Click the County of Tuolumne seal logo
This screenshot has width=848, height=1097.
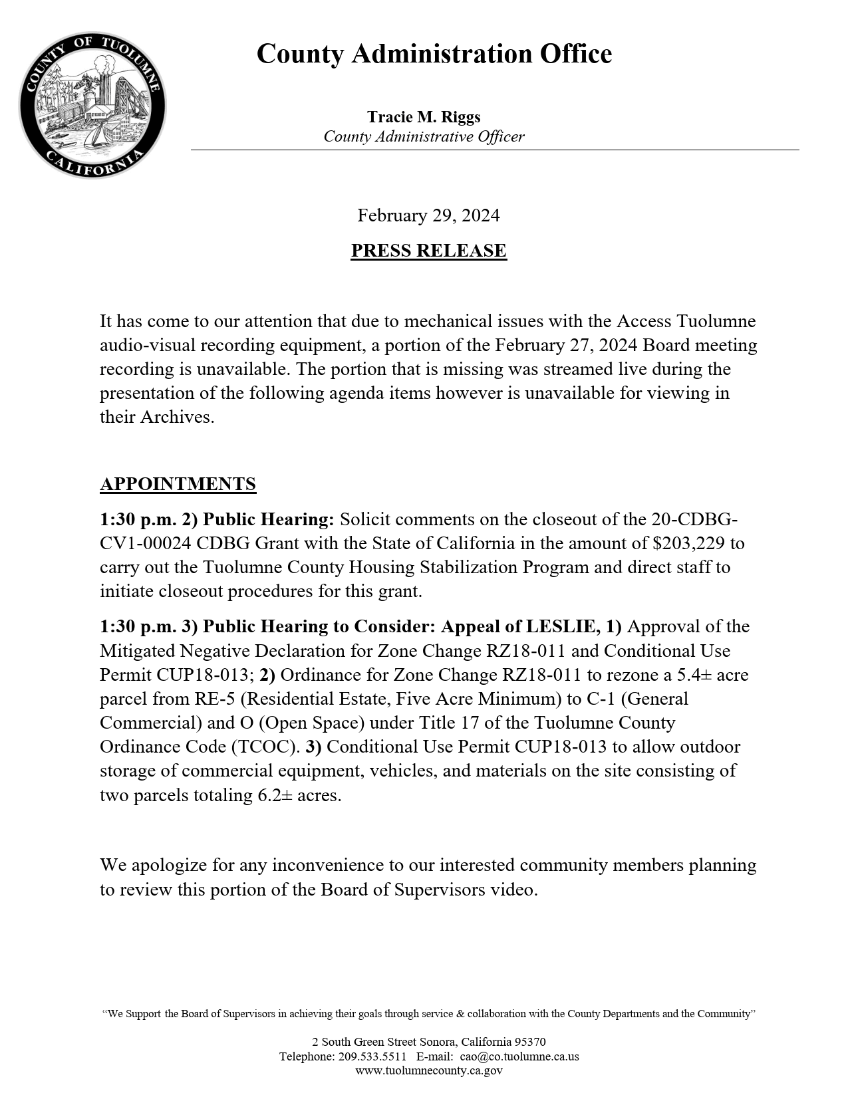(x=92, y=105)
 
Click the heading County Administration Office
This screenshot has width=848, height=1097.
(x=434, y=54)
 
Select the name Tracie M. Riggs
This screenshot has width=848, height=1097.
(x=424, y=118)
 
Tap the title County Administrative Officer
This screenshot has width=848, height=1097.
(x=424, y=137)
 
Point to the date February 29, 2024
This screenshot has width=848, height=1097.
(x=428, y=215)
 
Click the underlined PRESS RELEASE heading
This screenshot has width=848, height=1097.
(x=428, y=251)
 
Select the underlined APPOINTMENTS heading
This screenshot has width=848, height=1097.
(x=178, y=484)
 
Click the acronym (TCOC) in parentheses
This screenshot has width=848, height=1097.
(x=265, y=747)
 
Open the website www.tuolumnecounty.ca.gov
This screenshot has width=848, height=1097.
(x=428, y=1070)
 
